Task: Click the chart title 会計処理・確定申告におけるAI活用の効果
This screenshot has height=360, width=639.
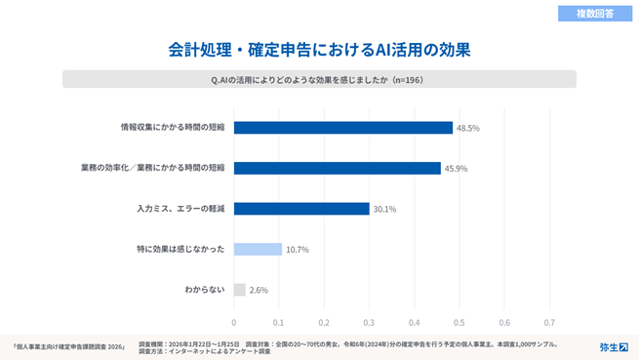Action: point(319,48)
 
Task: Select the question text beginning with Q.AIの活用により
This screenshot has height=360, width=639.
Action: point(319,80)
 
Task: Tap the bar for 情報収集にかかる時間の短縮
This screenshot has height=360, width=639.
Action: point(342,128)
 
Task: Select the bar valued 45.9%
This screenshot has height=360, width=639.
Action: point(337,168)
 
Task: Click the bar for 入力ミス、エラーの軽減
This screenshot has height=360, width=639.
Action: point(301,209)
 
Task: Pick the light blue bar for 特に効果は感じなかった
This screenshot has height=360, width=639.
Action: point(258,249)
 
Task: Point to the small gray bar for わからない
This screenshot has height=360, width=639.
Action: point(239,290)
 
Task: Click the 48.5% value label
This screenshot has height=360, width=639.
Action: point(468,128)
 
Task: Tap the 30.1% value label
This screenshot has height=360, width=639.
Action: point(385,209)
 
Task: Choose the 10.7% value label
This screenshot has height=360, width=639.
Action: point(298,250)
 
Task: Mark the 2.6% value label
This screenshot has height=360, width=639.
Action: point(259,290)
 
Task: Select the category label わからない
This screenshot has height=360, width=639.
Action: point(205,290)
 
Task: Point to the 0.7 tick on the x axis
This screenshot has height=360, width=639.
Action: point(549,322)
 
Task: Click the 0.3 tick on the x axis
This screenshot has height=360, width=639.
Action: point(369,322)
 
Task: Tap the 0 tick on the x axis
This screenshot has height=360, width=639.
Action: point(234,322)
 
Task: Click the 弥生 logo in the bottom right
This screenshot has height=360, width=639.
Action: point(614,346)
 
